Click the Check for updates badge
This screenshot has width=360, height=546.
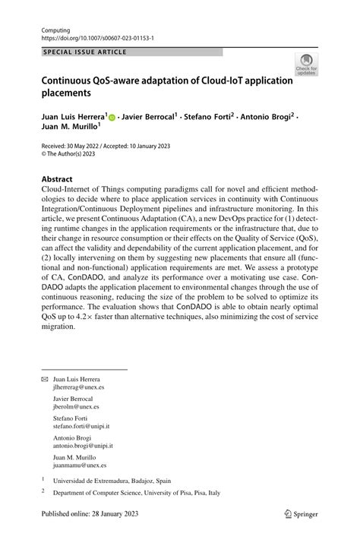[x=306, y=64]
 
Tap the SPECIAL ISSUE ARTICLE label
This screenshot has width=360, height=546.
[x=85, y=52]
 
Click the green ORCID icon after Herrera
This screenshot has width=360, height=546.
[x=112, y=118]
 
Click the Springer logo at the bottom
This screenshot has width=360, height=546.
[x=301, y=535]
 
